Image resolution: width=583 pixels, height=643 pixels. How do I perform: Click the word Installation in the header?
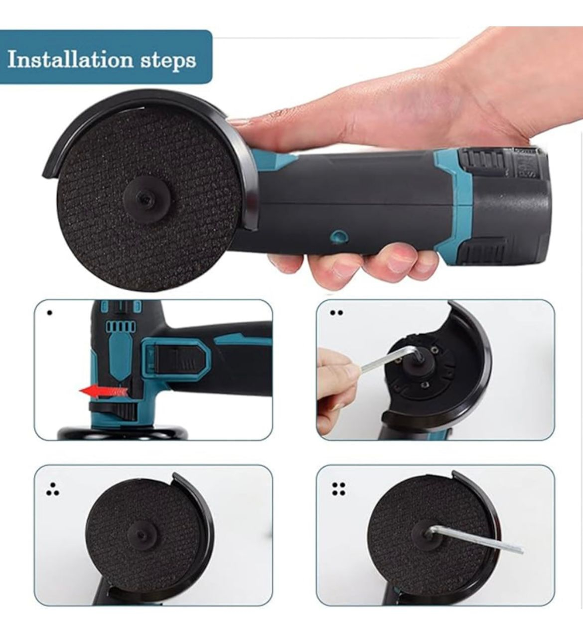pos(70,59)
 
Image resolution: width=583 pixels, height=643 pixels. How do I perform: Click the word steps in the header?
pos(168,61)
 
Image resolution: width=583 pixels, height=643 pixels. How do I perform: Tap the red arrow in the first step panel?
pos(104,391)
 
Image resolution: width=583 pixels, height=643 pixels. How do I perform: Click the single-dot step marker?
pos(49,312)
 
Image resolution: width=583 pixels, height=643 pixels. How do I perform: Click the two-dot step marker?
pos(336,313)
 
